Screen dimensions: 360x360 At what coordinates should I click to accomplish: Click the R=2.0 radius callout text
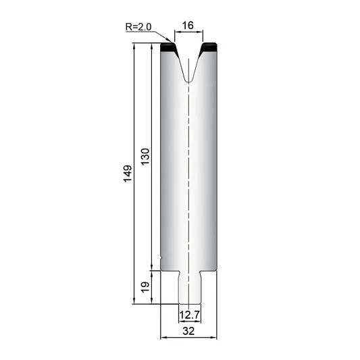[x=138, y=27]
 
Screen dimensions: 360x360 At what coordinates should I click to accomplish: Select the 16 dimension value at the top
[x=188, y=25]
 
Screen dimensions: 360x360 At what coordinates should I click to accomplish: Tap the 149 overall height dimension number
[x=128, y=174]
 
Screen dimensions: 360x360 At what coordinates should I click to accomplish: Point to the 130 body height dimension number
[x=145, y=157]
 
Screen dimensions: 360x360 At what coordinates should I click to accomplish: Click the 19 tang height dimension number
[x=145, y=287]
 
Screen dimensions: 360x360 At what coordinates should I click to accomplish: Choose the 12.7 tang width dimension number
[x=190, y=315]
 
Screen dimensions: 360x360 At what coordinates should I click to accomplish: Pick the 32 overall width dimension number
[x=188, y=331]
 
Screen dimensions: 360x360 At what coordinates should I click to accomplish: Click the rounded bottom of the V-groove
[x=188, y=80]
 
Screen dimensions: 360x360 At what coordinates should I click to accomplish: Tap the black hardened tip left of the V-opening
[x=169, y=48]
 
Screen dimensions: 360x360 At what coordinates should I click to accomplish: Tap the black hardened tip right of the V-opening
[x=208, y=48]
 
